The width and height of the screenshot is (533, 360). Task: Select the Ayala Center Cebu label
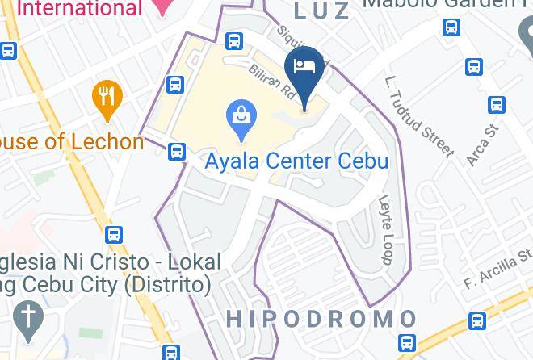pyautogui.click(x=296, y=160)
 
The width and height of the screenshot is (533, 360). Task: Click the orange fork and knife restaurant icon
pyautogui.click(x=105, y=98)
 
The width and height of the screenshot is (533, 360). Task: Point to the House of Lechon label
pyautogui.click(x=70, y=142)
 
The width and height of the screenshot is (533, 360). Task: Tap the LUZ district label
pyautogui.click(x=322, y=10)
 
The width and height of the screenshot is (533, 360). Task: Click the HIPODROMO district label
pyautogui.click(x=321, y=319)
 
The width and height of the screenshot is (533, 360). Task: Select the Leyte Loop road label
pyautogui.click(x=384, y=229)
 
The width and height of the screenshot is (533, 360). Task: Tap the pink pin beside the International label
pyautogui.click(x=164, y=6)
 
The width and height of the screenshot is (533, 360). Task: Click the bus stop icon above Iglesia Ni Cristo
pyautogui.click(x=115, y=235)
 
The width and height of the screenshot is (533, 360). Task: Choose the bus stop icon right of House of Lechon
pyautogui.click(x=177, y=151)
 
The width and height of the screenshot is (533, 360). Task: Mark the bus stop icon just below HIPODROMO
pyautogui.click(x=408, y=342)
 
